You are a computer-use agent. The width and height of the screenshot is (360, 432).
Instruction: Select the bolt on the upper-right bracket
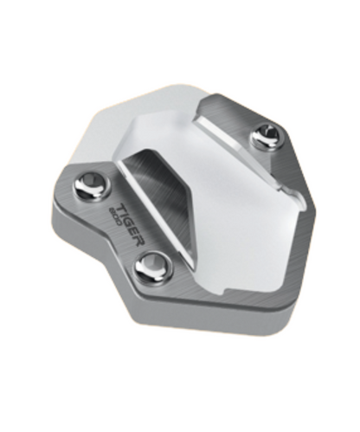pyautogui.click(x=265, y=136)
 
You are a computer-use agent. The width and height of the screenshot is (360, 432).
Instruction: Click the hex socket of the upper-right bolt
pyautogui.click(x=266, y=135)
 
